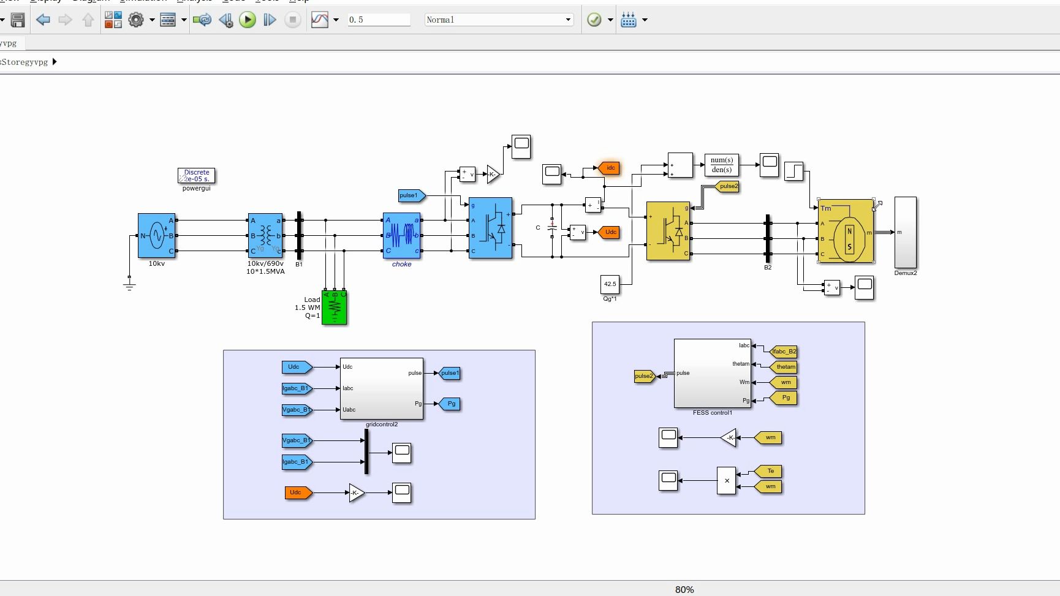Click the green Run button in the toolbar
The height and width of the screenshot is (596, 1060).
click(x=248, y=20)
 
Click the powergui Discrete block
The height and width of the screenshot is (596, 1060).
click(x=196, y=176)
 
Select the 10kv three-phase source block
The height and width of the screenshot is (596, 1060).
click(x=157, y=235)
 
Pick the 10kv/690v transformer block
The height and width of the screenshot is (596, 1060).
click(x=265, y=235)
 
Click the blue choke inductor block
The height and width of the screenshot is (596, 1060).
click(x=402, y=235)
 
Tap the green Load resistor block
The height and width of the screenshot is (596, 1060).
click(x=335, y=307)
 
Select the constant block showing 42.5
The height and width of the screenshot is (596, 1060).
click(x=610, y=284)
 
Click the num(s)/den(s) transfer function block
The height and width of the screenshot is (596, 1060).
click(x=721, y=165)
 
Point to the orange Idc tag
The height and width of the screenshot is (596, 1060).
click(x=610, y=168)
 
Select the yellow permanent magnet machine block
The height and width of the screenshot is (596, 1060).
click(x=846, y=231)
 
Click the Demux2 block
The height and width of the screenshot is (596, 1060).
click(x=906, y=232)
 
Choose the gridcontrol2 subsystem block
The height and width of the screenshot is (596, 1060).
click(x=382, y=388)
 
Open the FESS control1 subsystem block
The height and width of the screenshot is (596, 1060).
click(x=713, y=373)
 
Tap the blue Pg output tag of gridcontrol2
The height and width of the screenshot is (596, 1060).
click(x=451, y=404)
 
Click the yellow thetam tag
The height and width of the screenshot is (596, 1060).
click(x=785, y=367)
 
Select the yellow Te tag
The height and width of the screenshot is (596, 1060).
click(x=770, y=471)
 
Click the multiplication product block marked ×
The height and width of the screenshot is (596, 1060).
click(x=727, y=481)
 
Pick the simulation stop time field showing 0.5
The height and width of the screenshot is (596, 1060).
click(x=379, y=20)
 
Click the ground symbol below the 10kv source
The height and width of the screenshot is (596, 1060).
click(x=129, y=284)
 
